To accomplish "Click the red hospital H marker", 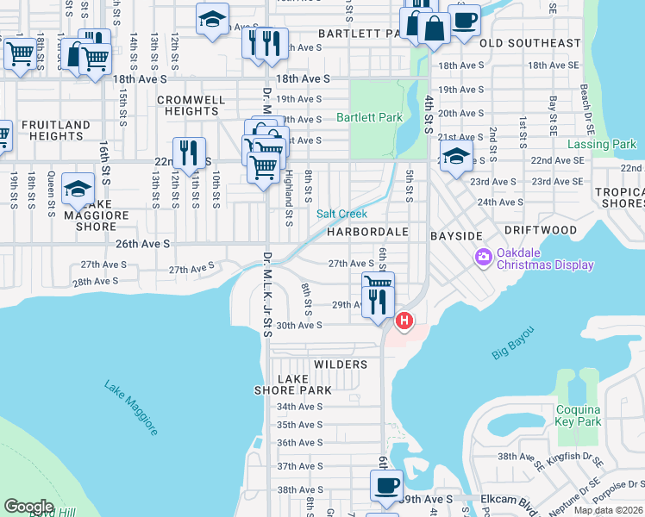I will (404, 322).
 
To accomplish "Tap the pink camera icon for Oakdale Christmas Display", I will (483, 257).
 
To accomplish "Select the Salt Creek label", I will (341, 214).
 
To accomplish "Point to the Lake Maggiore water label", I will (131, 408).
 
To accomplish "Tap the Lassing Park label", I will (602, 145).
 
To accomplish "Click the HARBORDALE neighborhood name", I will (366, 233).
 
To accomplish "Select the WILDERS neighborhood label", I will (341, 364).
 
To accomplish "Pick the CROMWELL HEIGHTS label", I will (191, 106).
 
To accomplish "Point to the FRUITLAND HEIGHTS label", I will (55, 130).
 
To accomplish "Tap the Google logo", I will (28, 506).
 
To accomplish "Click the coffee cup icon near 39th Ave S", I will (386, 484).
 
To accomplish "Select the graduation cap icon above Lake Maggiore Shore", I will (78, 189).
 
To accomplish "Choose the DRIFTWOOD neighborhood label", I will (540, 231).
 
